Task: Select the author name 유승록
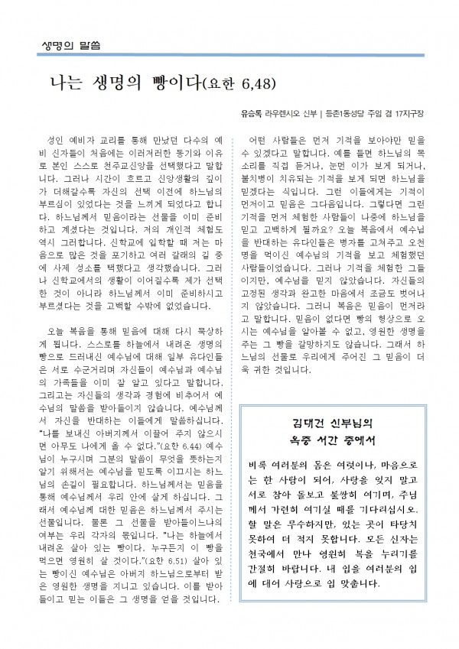point(249,114)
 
